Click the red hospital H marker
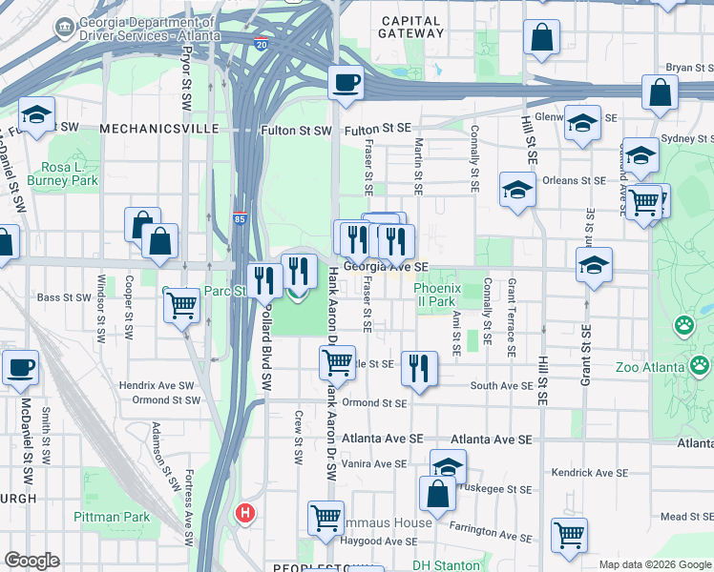click(245, 513)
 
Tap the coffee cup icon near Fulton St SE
click(346, 82)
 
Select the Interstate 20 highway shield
click(262, 42)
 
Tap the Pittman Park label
click(112, 517)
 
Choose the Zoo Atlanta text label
click(649, 368)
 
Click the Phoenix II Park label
click(438, 295)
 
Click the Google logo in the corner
click(31, 561)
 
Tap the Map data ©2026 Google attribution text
click(655, 564)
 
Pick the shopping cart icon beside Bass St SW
click(181, 305)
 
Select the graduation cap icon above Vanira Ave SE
click(447, 465)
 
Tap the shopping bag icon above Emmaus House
click(437, 492)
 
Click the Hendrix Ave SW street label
click(157, 385)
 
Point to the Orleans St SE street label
click(574, 180)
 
